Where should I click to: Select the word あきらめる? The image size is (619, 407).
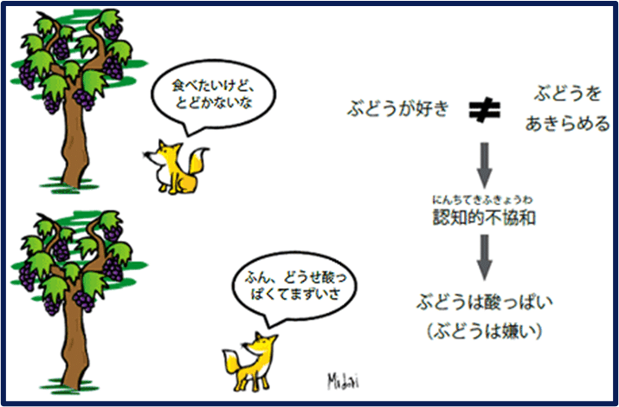(x=567, y=124)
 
